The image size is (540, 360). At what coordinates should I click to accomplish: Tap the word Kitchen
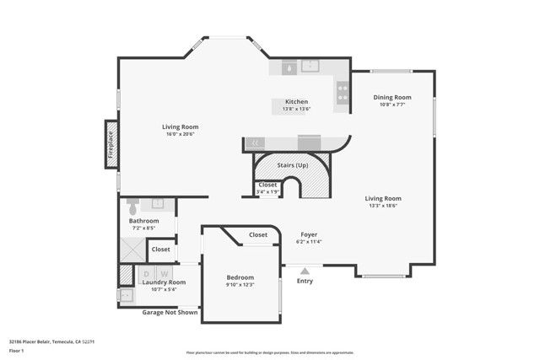tap(296, 101)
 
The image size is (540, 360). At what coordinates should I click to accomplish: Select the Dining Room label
tap(392, 97)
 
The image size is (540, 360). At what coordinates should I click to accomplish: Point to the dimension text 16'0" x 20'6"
tap(181, 133)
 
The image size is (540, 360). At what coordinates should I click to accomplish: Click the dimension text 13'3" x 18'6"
tap(383, 205)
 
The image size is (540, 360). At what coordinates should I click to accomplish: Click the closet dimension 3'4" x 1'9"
tap(267, 192)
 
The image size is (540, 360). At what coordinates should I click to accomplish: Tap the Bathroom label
tap(143, 220)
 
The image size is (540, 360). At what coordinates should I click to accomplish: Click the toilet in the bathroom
tap(132, 203)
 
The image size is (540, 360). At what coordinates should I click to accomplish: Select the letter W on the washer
tap(165, 273)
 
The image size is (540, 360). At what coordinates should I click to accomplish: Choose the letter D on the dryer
tap(146, 273)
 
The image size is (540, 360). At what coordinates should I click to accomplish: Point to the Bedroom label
tap(240, 277)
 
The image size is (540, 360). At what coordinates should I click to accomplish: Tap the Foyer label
tap(310, 234)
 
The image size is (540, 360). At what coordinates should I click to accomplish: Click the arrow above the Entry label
tap(305, 271)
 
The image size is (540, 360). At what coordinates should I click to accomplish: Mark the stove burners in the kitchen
tap(343, 91)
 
